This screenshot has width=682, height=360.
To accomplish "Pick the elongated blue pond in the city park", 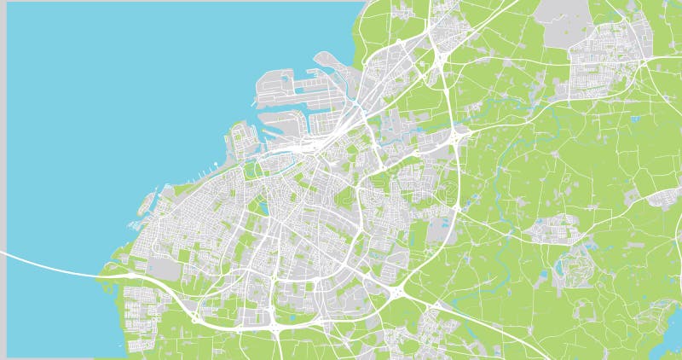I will point(263,205).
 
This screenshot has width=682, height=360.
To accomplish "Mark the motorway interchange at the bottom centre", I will point(276,327).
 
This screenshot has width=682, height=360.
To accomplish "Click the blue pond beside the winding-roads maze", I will point(558,270).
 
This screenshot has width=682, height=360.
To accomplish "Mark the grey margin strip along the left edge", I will point(3,171).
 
